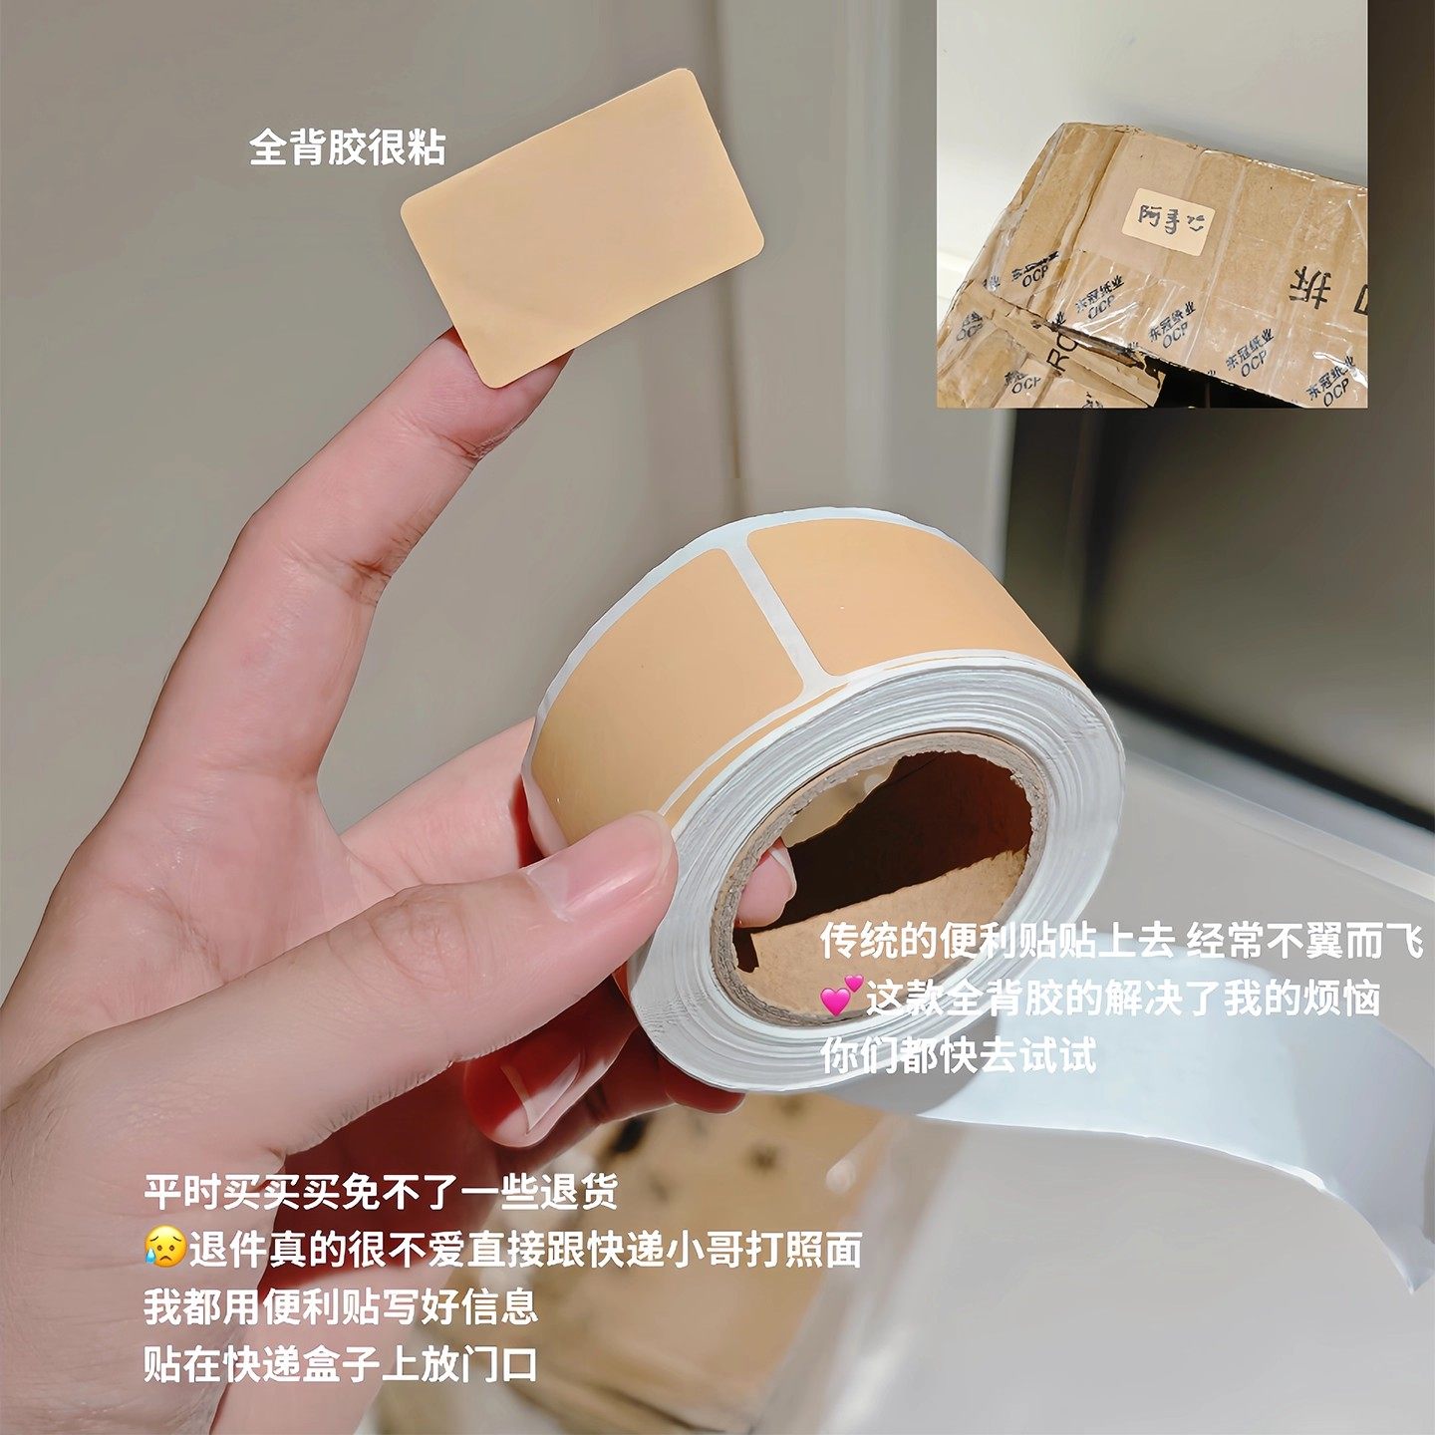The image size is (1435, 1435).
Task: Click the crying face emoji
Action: click(x=163, y=1249)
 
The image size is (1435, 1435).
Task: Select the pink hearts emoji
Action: click(x=840, y=998)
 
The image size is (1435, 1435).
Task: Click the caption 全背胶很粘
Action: click(x=347, y=148)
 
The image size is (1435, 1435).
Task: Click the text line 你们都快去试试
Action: click(x=959, y=1055)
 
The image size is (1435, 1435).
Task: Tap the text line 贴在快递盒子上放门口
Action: click(x=341, y=1363)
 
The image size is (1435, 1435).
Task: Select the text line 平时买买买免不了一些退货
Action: click(x=381, y=1192)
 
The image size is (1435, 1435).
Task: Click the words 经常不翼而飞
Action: click(x=1303, y=941)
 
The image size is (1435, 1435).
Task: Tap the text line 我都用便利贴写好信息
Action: click(x=341, y=1306)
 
